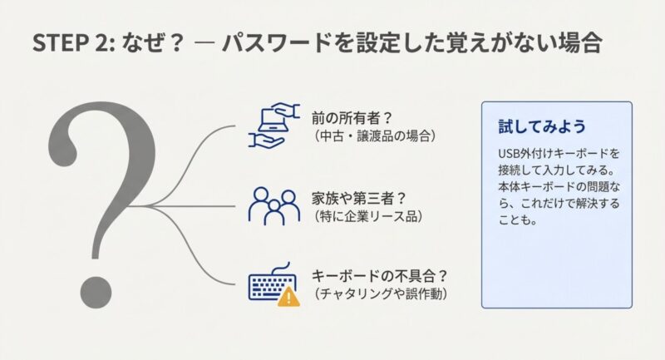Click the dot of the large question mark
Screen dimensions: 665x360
point(96,292)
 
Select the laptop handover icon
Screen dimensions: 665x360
point(274,126)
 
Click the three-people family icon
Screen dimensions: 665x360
point(274,206)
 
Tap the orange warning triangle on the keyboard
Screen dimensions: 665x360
point(288,296)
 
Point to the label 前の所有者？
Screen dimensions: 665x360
point(352,118)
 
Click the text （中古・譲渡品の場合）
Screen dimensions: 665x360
point(375,136)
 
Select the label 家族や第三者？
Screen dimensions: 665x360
point(359,198)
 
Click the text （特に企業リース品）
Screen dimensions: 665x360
point(368,216)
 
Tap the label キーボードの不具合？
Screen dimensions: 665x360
point(379,276)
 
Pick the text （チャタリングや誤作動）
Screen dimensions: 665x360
point(381,293)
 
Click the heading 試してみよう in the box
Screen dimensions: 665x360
point(542,126)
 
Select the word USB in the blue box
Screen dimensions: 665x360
point(508,153)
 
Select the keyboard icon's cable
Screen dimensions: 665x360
point(281,269)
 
